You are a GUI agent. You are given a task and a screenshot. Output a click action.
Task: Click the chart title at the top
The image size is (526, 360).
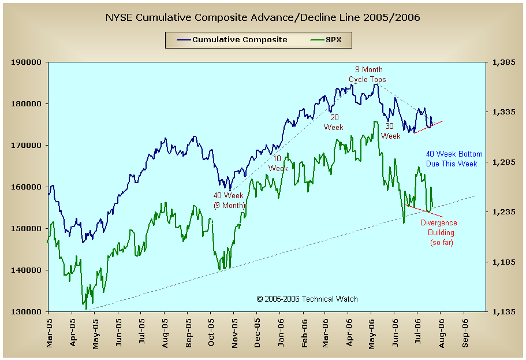coord(263,17)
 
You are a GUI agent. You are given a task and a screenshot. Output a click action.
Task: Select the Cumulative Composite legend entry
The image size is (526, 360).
coord(239,40)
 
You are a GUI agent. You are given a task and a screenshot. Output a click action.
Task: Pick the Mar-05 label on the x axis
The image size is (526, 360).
coord(50,332)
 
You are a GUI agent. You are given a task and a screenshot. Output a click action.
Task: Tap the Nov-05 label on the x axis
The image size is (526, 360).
coord(234,332)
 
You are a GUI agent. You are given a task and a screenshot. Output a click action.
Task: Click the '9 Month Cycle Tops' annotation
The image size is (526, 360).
coord(367,75)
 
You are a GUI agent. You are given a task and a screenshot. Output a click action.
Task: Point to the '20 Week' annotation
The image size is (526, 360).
coord(334,122)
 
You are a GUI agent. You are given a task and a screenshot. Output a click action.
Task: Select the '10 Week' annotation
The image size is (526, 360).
coord(278,164)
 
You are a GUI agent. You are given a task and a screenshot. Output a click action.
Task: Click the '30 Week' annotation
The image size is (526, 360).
coord(390,131)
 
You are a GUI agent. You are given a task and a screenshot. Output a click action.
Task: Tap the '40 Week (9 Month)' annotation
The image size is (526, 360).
coord(229,201)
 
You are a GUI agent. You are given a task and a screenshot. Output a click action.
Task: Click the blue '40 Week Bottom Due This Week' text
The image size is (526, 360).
coord(454,159)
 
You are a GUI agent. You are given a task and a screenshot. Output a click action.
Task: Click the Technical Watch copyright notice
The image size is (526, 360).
coord(307,299)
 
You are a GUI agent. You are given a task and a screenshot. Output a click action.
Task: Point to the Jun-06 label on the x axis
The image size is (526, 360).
coord(396,332)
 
